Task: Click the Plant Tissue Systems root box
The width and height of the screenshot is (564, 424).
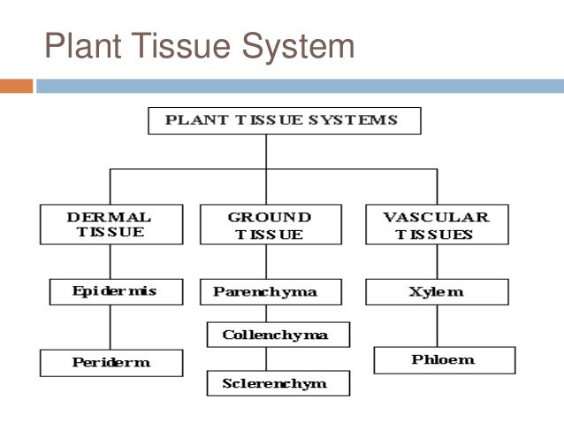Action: [x=284, y=120]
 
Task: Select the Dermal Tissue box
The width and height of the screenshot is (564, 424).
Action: [x=110, y=225]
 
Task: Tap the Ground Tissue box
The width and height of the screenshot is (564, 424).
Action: [x=270, y=225]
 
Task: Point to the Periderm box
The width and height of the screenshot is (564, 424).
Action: [x=111, y=362]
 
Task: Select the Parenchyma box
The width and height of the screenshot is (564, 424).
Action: [x=264, y=291]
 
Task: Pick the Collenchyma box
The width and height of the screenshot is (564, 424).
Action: [x=278, y=335]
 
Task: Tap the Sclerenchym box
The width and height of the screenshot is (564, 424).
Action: [x=278, y=382]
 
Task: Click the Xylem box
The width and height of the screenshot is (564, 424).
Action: [x=437, y=291]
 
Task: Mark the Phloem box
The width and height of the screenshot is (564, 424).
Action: [x=444, y=359]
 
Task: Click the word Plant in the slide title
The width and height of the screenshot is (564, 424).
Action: [x=79, y=46]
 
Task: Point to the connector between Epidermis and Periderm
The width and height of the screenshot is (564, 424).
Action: [x=110, y=327]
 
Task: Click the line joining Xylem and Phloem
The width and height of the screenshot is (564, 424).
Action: [x=437, y=326]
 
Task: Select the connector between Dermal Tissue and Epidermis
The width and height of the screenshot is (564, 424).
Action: [x=110, y=261]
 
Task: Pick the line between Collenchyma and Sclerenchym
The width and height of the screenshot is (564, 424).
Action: [x=266, y=358]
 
